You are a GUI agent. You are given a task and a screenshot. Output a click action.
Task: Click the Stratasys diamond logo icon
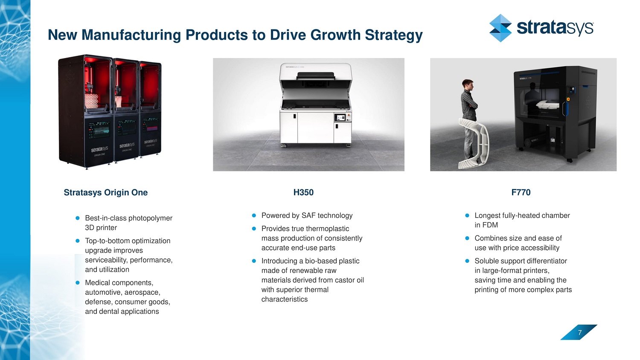tap(500, 28)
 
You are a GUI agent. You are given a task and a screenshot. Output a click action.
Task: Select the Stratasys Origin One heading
tap(106, 192)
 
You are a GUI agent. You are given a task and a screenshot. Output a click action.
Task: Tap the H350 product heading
tap(303, 192)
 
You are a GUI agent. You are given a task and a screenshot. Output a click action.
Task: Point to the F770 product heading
tap(521, 192)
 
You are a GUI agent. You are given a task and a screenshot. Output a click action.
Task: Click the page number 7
tap(580, 333)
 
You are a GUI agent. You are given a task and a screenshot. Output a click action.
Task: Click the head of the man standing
tap(468, 84)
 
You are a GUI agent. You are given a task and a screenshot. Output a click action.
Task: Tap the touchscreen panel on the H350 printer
tap(340, 117)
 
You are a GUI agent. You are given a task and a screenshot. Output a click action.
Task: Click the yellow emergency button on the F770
tap(568, 99)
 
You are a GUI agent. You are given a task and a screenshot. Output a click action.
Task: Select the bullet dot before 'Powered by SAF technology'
tap(254, 215)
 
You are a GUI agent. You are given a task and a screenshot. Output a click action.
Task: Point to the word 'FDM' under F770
tap(490, 225)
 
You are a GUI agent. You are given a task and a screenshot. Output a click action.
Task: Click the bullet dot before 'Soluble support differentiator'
tap(467, 261)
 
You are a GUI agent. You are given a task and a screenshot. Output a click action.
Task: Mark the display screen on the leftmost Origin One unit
tap(99, 130)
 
